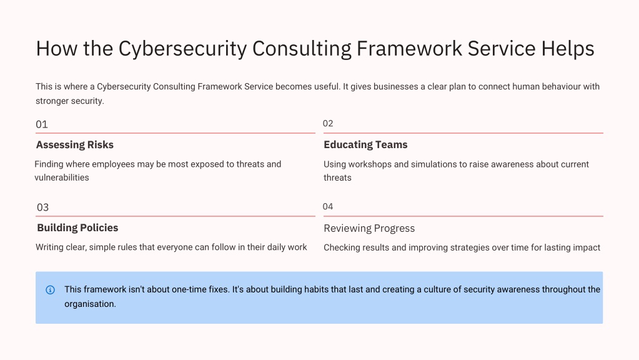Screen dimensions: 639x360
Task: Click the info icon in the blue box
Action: (50, 290)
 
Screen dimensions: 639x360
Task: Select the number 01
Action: (42, 124)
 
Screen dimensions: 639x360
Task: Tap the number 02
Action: (328, 124)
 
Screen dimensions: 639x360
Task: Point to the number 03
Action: (43, 207)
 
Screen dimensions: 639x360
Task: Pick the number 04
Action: (328, 207)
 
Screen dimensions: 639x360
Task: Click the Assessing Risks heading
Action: (74, 145)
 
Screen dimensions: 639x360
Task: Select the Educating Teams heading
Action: (365, 145)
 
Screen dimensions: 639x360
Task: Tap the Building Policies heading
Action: (77, 228)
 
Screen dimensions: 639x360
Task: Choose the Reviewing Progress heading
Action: (369, 228)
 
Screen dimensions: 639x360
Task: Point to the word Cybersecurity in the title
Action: (182, 49)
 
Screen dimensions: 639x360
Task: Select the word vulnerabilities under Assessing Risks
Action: (62, 177)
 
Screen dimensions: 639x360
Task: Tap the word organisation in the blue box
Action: (90, 304)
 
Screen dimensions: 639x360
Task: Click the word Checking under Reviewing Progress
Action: (339, 247)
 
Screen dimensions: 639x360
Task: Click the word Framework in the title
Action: (409, 49)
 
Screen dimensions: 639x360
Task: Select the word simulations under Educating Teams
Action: (433, 164)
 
